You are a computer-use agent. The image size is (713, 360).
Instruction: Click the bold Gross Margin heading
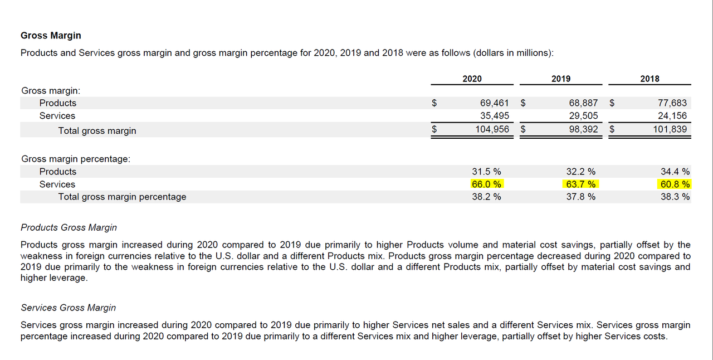coord(51,36)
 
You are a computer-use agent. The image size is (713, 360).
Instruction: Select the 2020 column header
coord(472,79)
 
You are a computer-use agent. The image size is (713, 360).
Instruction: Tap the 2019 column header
coord(561,79)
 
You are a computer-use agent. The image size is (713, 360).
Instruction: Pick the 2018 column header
coord(649,79)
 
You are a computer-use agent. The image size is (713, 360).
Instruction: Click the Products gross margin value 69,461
coord(494,103)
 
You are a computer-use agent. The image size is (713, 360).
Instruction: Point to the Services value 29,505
coord(583,116)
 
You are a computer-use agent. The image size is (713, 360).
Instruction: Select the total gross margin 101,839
coord(671,129)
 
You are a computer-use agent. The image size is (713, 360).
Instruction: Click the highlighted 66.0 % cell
coord(486,184)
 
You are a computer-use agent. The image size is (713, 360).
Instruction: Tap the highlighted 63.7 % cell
coord(581,184)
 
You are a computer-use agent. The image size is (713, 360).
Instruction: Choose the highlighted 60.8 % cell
coord(675,184)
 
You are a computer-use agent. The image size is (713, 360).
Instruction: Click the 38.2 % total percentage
coord(486,197)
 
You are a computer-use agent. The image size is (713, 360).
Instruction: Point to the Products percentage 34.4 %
coord(675,172)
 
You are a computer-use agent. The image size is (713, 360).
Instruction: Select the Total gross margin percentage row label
coord(122,197)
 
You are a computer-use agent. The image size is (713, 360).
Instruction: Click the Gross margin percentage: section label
coord(76,159)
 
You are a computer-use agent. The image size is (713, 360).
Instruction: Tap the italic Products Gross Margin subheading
coord(69,227)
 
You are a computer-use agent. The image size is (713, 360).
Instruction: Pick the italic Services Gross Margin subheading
coord(68,308)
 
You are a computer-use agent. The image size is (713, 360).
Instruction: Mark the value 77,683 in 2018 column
coord(672,103)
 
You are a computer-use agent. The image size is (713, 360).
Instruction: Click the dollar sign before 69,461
coord(434,103)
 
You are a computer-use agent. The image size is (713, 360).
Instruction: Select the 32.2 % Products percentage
coord(581,172)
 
